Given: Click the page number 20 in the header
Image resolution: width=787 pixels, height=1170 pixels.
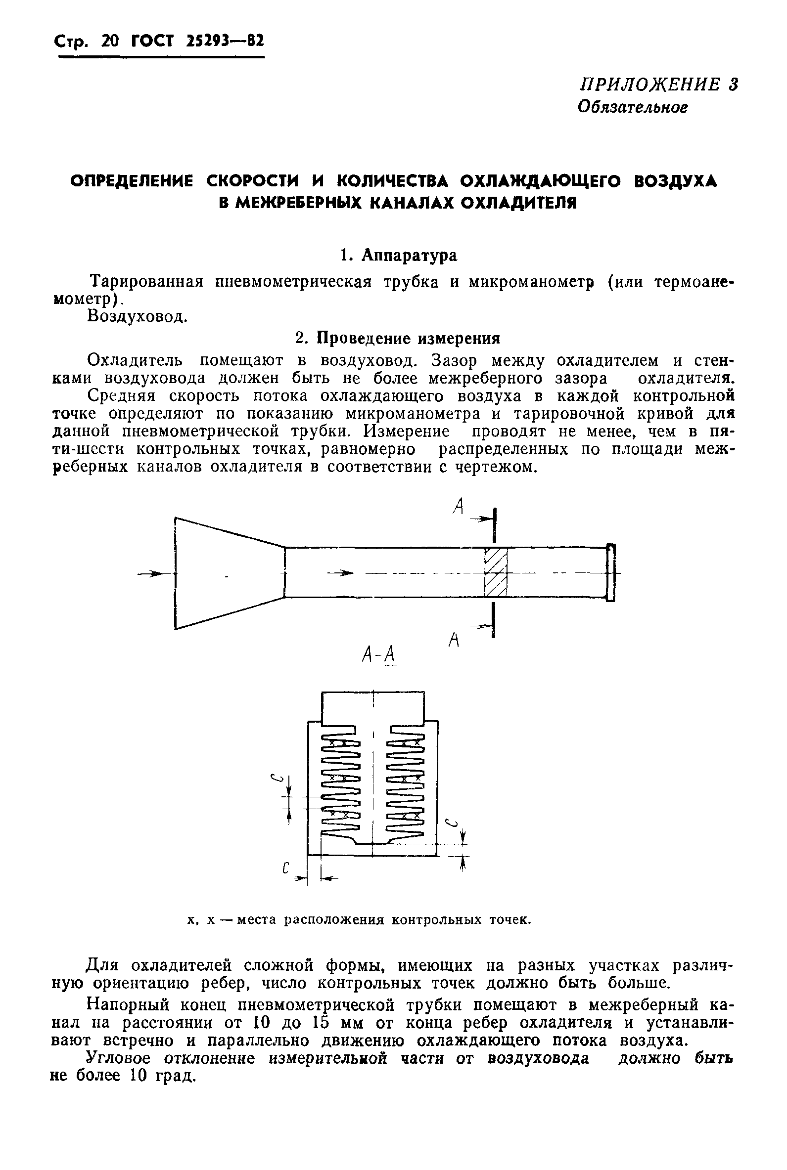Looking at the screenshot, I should click(109, 41).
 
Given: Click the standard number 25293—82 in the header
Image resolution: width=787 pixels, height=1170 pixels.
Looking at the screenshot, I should click(225, 41).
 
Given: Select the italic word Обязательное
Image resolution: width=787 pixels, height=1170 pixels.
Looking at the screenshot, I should click(632, 107).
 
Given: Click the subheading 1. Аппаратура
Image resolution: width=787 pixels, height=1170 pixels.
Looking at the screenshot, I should click(399, 255).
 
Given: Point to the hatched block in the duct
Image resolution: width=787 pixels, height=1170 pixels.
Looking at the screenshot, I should click(495, 572).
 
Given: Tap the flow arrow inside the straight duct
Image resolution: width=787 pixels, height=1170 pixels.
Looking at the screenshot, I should click(341, 573).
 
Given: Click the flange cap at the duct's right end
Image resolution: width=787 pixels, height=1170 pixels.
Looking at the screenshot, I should click(610, 572).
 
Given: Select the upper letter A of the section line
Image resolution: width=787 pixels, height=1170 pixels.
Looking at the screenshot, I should click(457, 508).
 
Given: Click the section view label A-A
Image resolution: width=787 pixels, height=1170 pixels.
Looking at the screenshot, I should click(379, 654).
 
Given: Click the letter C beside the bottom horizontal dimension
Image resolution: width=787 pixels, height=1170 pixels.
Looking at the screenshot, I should click(285, 868).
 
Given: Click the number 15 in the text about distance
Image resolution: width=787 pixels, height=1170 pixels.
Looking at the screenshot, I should click(321, 1023).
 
